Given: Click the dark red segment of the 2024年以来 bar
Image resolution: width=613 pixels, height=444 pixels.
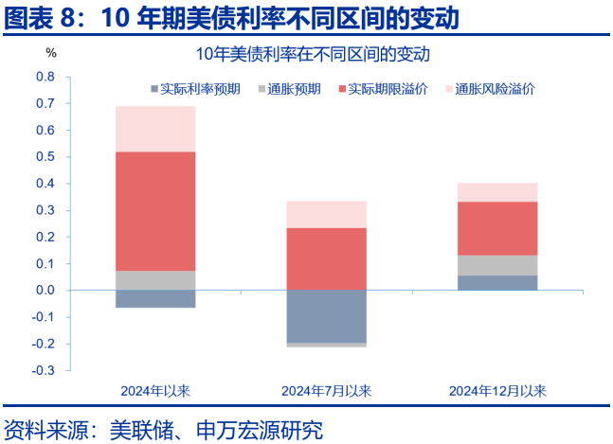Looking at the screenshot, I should [155, 210].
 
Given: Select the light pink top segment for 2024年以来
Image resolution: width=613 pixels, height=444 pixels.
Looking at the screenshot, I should [155, 129].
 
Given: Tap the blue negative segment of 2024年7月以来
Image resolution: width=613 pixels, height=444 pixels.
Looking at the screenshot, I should [326, 316].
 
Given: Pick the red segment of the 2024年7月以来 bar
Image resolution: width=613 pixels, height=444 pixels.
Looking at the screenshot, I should [326, 258].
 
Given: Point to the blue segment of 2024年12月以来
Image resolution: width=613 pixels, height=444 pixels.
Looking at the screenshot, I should [497, 282].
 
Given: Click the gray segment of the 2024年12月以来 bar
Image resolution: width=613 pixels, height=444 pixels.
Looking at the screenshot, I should [497, 265].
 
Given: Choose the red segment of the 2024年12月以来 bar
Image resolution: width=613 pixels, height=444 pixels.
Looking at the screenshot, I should [497, 228].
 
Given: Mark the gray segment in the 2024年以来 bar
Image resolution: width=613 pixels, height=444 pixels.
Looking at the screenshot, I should [155, 280].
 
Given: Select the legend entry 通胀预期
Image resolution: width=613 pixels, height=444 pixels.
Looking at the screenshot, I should [295, 90].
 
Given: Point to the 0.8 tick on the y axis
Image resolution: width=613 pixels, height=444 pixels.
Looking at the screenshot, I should [45, 76].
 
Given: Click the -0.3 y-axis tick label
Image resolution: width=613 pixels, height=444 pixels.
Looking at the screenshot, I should [44, 370].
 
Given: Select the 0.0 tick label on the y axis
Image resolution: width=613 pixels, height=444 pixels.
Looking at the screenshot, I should [45, 290].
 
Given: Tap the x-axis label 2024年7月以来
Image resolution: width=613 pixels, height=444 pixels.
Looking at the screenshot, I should [326, 390].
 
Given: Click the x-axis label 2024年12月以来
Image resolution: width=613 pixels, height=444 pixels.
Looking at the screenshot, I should [497, 390].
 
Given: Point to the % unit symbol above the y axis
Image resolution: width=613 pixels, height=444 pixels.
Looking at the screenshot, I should [51, 55].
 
